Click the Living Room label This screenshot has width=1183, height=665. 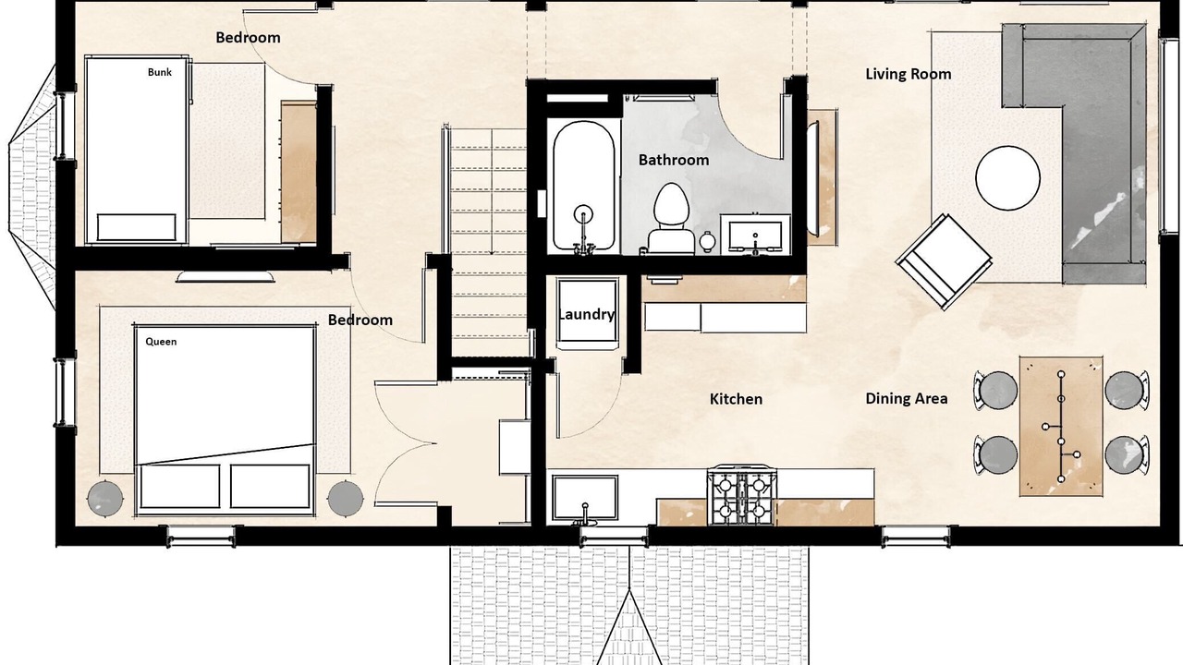908,74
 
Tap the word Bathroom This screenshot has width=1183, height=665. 674,160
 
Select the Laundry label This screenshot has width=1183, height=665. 586,315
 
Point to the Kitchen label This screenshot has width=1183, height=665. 736,399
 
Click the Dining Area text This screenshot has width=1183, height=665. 907,398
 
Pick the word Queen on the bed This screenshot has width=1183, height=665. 161,342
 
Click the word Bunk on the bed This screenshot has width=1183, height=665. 160,72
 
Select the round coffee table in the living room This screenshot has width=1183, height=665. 1007,178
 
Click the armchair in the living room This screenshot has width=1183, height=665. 944,261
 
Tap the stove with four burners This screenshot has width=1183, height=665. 741,495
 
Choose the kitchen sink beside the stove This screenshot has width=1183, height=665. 585,498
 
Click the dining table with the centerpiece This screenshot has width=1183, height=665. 1061,427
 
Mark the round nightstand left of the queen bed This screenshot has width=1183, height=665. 105,498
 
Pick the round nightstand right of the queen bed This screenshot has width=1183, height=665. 346,498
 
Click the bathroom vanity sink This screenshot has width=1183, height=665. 756,236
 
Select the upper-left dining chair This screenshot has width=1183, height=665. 996,391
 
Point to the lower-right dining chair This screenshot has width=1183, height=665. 1127,455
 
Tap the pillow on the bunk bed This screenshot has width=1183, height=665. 136,227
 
